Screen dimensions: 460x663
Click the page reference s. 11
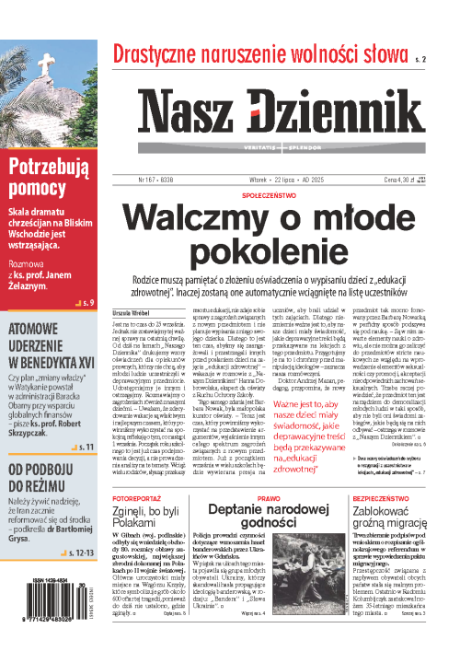pyautogui.click(x=86, y=421)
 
